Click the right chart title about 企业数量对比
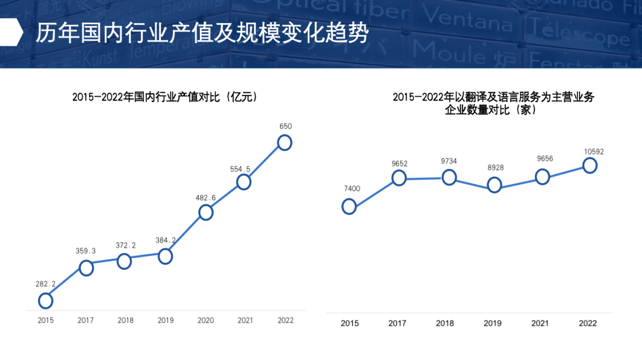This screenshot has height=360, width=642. pos(493,103)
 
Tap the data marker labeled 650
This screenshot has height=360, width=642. pos(285,143)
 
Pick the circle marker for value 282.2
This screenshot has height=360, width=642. pos(46,301)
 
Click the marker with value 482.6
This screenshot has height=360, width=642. pos(206,212)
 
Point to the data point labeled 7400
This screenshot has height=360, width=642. pos(350,206)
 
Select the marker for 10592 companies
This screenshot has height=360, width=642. pos(590,165)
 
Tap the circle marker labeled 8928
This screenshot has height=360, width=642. pos(494,185)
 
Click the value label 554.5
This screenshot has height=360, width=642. pos(240,169)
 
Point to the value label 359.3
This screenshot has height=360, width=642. pos(86,251)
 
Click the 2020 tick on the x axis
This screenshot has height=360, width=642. pos(206,321)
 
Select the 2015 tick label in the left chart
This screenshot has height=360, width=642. pos(46,321)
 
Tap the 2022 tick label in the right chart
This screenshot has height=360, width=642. pos(588,323)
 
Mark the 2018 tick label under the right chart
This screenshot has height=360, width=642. pos(445,323)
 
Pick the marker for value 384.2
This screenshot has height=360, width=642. pos(165,256)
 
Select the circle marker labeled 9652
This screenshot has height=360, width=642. pos(399,178)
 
